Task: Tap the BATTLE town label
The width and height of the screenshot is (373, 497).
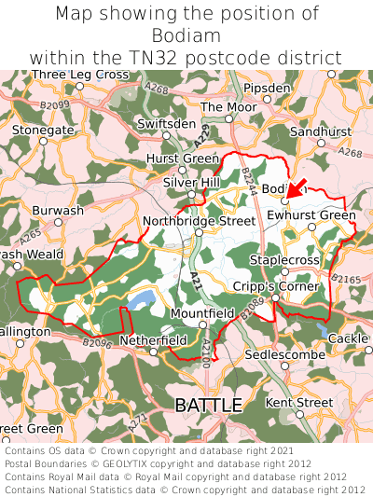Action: click(x=208, y=405)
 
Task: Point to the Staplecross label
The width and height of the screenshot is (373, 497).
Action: click(x=284, y=260)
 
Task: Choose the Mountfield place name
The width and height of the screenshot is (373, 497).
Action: click(x=201, y=314)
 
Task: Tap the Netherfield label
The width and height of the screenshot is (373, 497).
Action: click(x=154, y=340)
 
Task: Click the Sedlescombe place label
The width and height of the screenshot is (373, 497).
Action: click(x=285, y=355)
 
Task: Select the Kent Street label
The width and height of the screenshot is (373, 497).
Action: click(x=299, y=402)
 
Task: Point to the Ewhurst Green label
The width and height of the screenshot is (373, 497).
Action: click(x=311, y=215)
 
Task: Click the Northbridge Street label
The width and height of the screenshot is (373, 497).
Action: click(x=199, y=221)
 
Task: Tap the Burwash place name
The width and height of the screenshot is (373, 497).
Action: click(x=58, y=211)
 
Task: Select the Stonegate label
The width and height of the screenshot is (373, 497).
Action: click(x=42, y=131)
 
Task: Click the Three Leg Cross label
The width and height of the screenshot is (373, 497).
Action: click(x=79, y=75)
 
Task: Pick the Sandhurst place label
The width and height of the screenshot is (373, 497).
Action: click(x=321, y=132)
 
